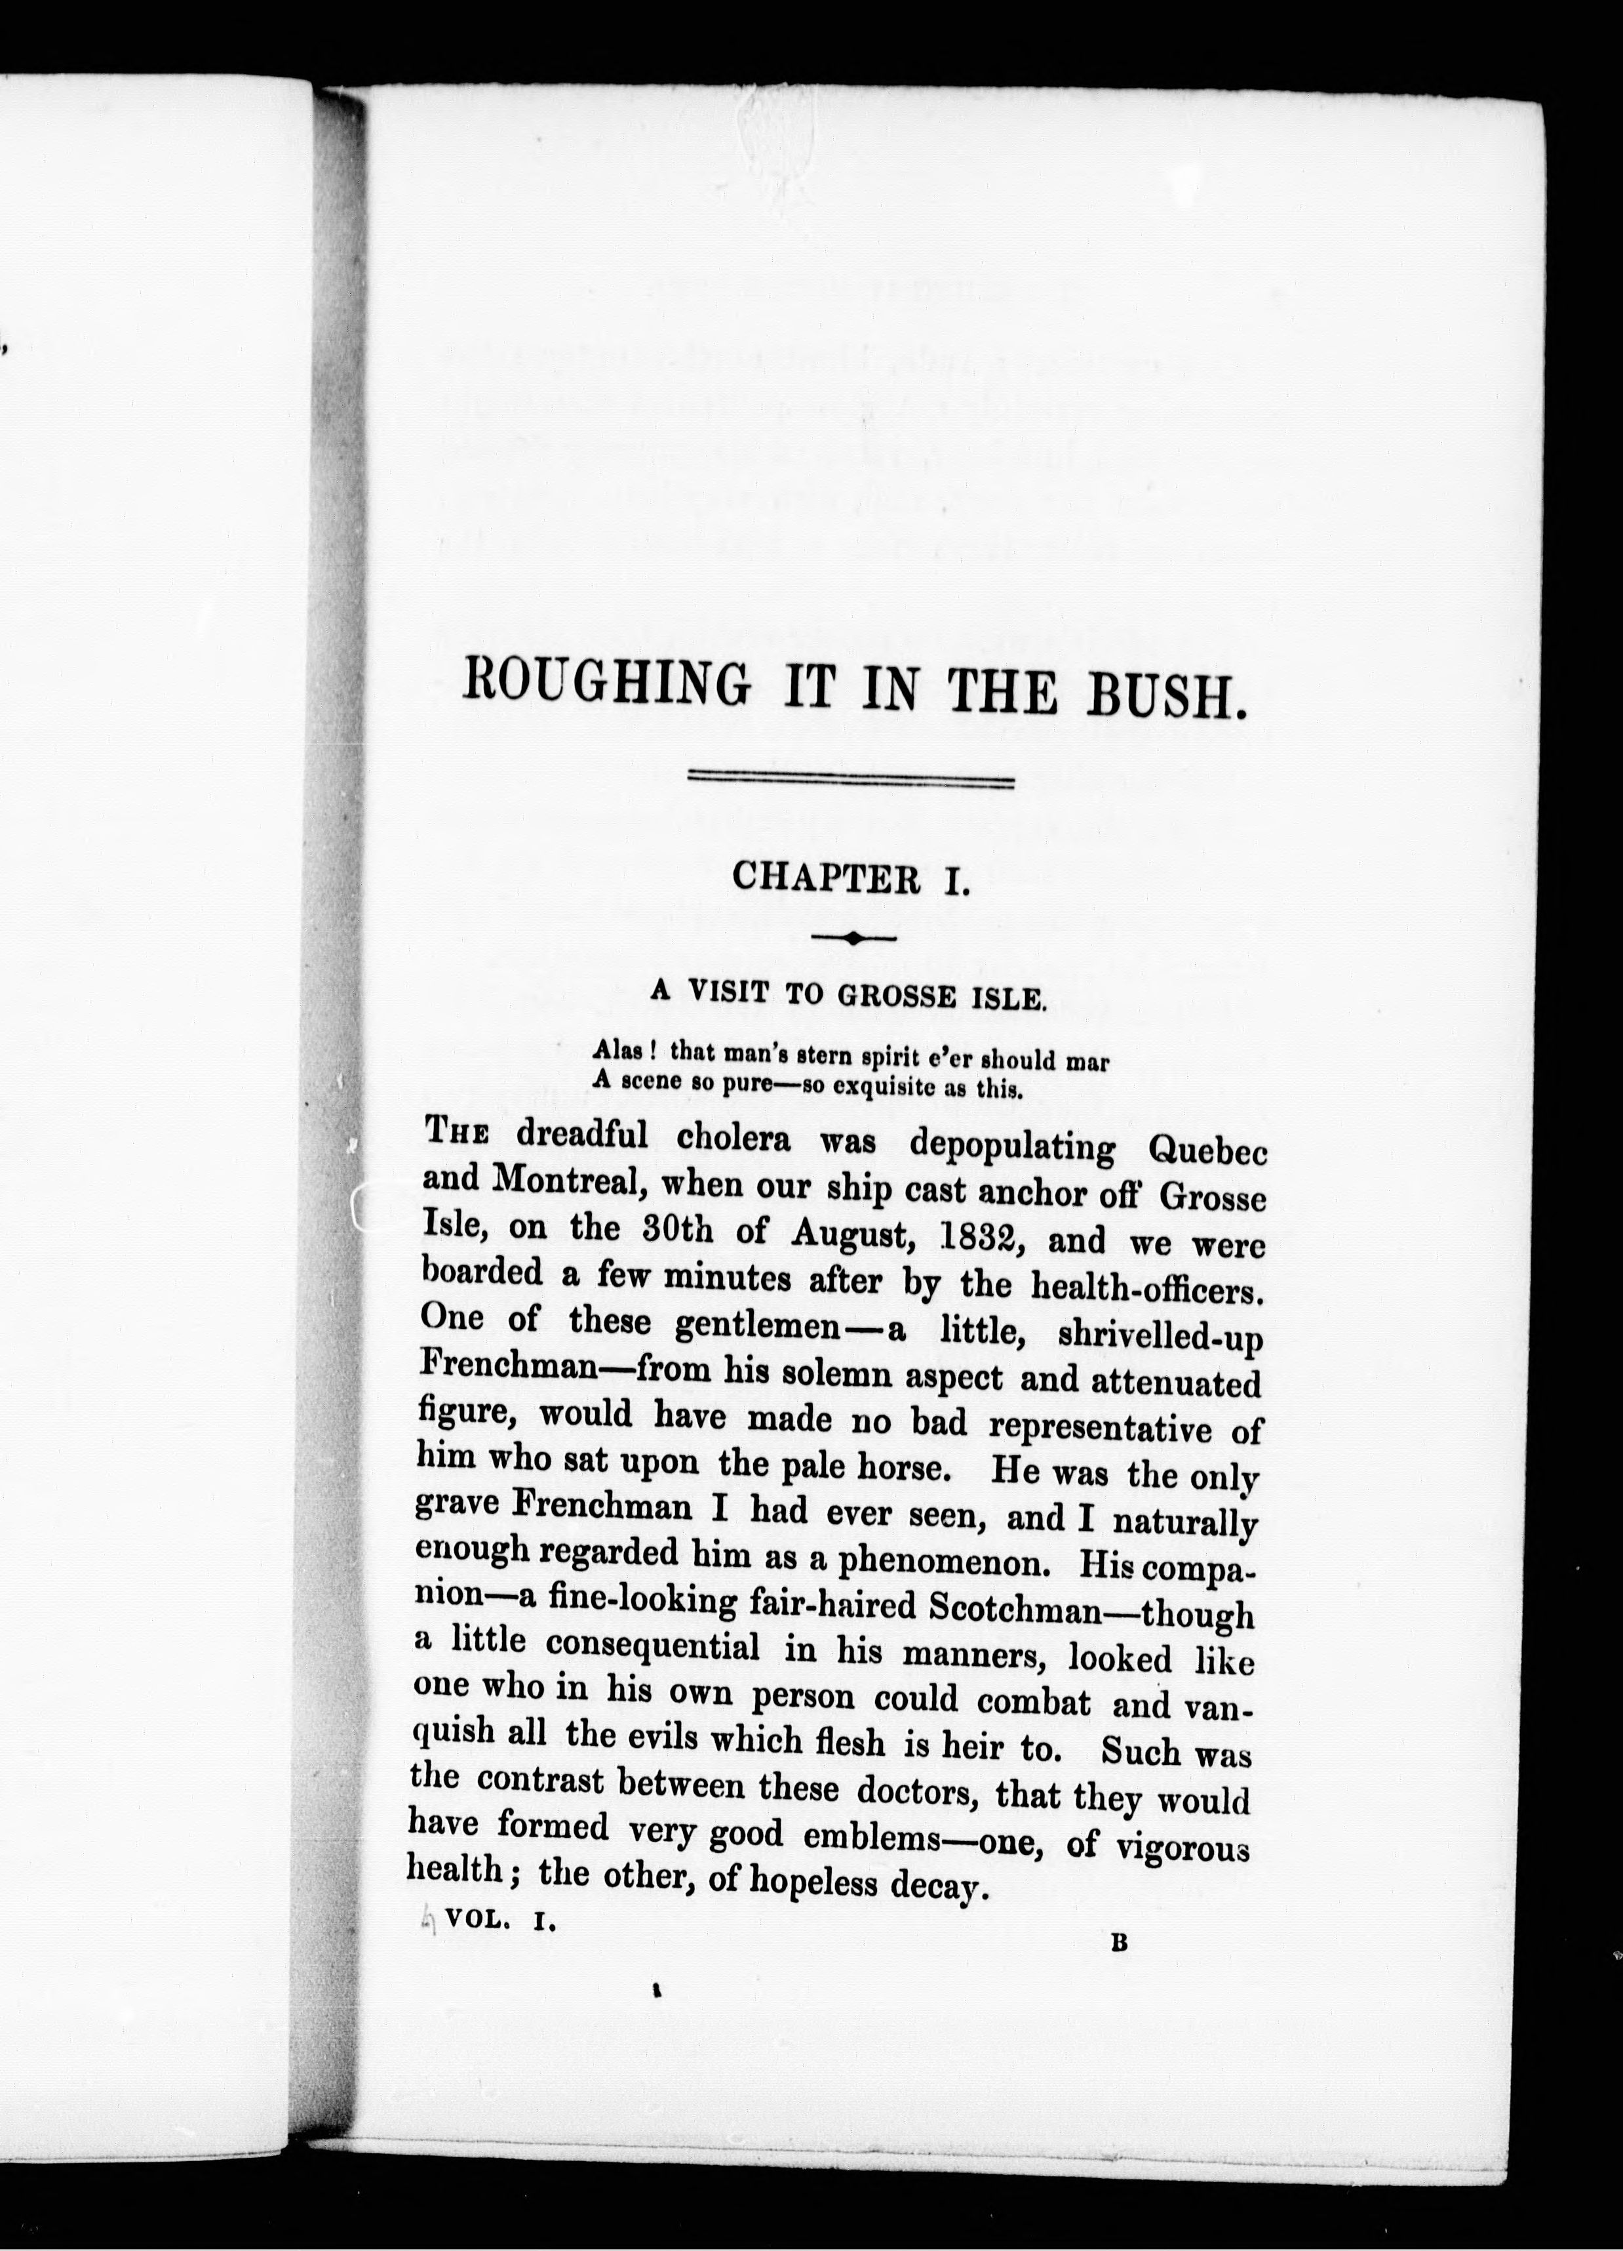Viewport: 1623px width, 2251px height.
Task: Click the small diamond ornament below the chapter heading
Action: pos(854,936)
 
